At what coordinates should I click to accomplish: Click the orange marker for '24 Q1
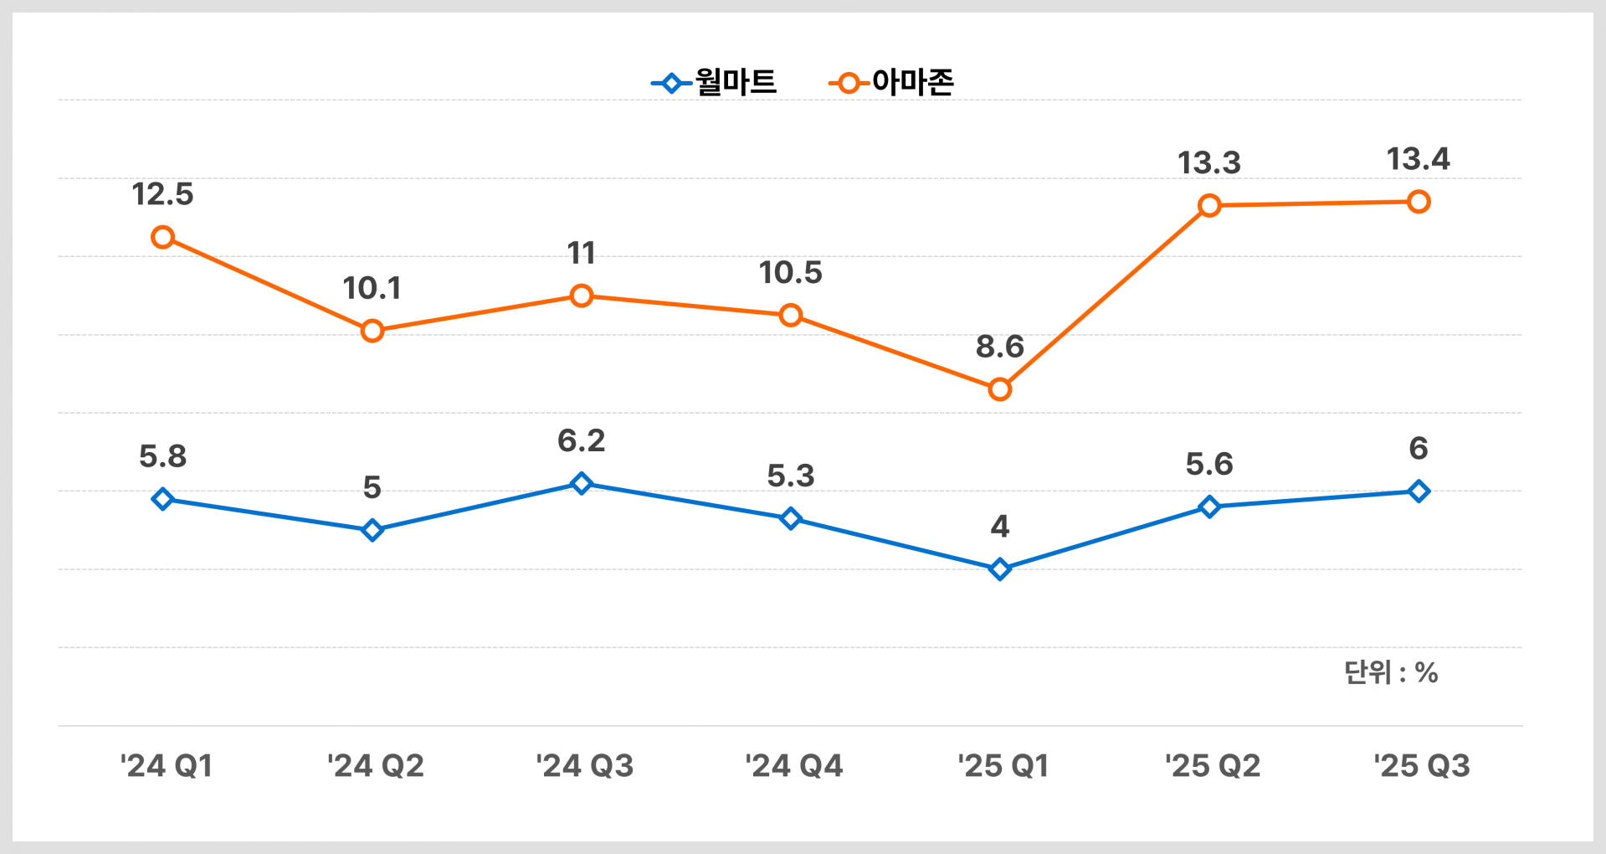click(162, 237)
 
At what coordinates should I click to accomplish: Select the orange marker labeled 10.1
click(372, 331)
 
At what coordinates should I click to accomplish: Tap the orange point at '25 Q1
click(999, 389)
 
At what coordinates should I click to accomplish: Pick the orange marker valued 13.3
click(1208, 205)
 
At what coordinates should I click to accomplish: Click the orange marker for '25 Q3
click(1418, 202)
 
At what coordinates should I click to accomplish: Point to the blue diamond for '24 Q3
click(582, 483)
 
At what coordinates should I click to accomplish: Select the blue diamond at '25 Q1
click(999, 569)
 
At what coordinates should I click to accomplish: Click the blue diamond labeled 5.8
click(162, 499)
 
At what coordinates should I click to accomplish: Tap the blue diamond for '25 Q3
click(1418, 491)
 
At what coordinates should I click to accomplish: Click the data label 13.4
click(1418, 159)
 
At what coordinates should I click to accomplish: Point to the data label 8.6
click(999, 347)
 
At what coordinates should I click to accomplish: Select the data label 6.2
click(582, 440)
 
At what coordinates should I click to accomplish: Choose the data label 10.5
click(790, 273)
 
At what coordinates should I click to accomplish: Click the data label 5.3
click(790, 476)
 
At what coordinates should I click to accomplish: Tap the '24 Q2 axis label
click(376, 766)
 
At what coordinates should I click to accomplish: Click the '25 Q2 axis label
click(1213, 766)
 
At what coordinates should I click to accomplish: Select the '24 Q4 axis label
click(794, 766)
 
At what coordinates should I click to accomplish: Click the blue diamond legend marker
click(671, 84)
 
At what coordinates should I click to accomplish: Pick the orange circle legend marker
click(849, 84)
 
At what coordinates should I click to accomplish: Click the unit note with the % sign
click(1390, 672)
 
